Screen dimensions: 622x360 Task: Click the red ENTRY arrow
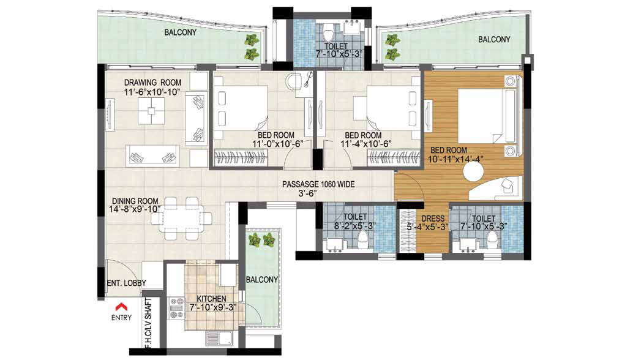pos(121,306)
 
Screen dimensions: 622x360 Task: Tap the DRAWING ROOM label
pos(152,83)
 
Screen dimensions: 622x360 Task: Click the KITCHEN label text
pos(212,299)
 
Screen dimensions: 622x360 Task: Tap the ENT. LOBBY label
pos(127,283)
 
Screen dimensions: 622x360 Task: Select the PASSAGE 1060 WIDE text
pos(318,184)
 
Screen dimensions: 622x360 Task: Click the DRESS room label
pos(433,219)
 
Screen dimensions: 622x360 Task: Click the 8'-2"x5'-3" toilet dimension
pos(355,227)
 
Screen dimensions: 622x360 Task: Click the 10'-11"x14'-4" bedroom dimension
pos(455,159)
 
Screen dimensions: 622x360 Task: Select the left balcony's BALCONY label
pos(181,32)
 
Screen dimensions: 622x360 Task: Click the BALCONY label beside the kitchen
pos(262,279)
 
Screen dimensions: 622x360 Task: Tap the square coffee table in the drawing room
pos(151,111)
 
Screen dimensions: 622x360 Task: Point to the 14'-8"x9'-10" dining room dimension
pos(135,209)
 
